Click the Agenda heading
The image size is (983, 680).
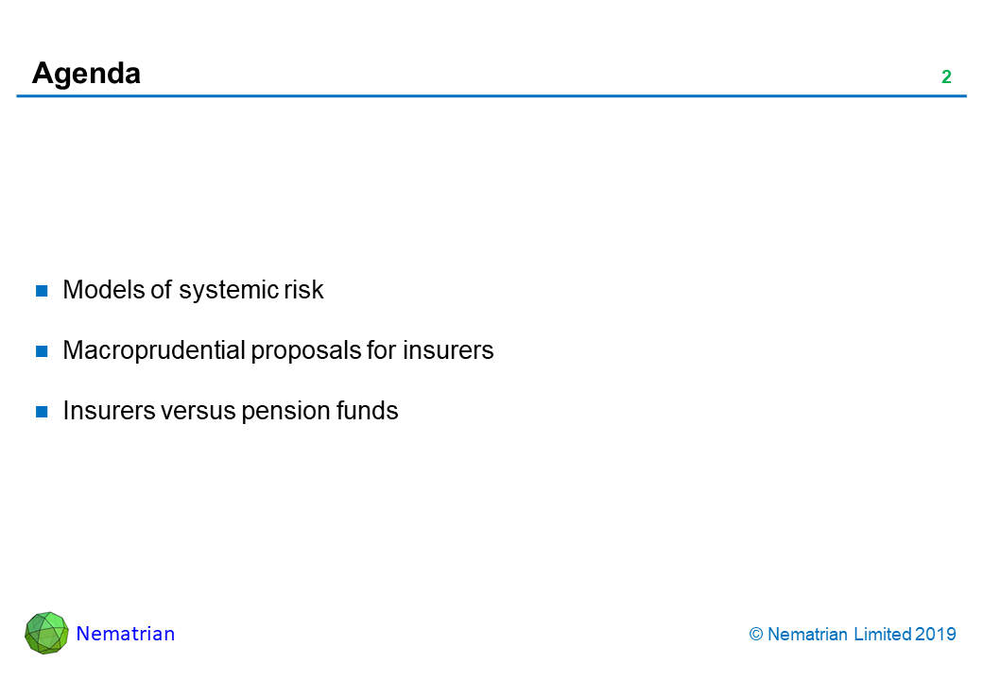point(86,74)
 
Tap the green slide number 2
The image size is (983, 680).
point(947,77)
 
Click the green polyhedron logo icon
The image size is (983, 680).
point(46,633)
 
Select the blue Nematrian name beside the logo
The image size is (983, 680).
point(126,634)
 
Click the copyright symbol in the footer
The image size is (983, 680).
point(756,635)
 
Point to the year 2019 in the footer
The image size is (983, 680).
point(936,635)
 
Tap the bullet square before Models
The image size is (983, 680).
point(42,291)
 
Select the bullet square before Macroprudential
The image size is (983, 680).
point(42,351)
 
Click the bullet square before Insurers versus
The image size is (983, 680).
point(42,412)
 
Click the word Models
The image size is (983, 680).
point(104,290)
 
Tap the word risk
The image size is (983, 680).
point(303,290)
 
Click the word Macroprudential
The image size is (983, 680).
point(154,350)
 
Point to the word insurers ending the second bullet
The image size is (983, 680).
point(448,350)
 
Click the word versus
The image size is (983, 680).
point(198,412)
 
